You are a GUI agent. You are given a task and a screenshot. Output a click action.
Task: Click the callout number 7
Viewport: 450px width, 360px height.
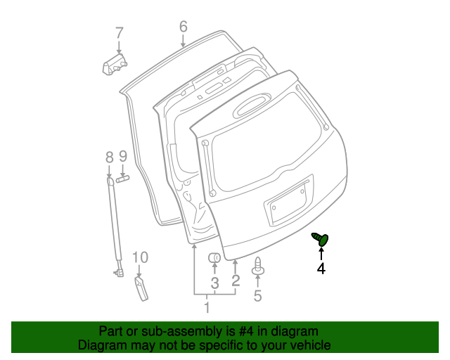pos(119,32)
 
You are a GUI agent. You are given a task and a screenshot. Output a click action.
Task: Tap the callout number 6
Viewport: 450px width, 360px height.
pos(184,27)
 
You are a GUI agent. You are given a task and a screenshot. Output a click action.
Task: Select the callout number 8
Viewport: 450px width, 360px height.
pos(109,156)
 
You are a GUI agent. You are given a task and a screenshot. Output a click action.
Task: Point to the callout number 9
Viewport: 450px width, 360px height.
pos(122,156)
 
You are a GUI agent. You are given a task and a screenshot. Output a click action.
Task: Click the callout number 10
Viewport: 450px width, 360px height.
pos(141,257)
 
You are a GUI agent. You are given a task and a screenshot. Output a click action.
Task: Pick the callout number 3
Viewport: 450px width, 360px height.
pos(215,283)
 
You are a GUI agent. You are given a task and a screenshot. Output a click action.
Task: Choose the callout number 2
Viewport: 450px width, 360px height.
pos(236,281)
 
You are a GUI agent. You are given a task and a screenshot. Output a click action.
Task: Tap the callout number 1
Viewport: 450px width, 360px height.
pos(207,307)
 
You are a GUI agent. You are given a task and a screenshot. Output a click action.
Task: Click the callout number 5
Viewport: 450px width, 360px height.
pos(257,296)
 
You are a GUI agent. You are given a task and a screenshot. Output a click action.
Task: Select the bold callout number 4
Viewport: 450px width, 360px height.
pos(321,268)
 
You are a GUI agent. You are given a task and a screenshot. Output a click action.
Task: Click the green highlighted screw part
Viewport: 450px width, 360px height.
pos(322,240)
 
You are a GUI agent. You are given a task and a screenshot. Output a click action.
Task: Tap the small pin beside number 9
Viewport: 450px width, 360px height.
pos(124,178)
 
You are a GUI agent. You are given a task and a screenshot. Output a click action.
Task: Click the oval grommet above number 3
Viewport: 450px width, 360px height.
pos(215,259)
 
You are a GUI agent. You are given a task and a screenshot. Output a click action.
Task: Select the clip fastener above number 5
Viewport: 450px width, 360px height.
pos(258,268)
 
